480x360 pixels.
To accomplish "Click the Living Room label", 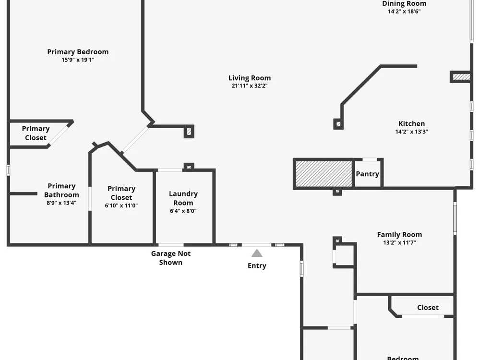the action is point(250,78).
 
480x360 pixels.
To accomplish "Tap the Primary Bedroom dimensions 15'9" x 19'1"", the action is point(78,60).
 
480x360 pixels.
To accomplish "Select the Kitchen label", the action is point(411,124).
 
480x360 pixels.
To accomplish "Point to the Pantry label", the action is point(367,174).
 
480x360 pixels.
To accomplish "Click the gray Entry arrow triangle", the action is point(257,253).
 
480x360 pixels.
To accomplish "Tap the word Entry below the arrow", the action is point(257,266).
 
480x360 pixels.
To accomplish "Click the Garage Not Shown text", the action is point(171,258).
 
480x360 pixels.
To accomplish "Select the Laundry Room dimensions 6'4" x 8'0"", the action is point(183,211).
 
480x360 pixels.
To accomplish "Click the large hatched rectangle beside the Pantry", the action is point(324,174).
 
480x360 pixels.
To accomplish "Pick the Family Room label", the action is point(399,235).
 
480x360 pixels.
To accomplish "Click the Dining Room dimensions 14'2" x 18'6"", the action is point(404,12).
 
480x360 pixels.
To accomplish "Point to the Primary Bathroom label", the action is point(61,191).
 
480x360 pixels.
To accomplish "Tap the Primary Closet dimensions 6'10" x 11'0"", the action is point(121,205).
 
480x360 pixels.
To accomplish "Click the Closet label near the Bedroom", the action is point(428,307).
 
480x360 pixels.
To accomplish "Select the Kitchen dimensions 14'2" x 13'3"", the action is point(411,132).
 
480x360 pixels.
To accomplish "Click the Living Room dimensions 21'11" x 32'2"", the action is point(250,86).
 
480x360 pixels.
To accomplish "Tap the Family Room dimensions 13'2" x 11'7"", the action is point(399,242).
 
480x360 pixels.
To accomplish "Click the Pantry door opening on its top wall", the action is point(370,159).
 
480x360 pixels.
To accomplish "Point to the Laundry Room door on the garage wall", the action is point(171,245).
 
